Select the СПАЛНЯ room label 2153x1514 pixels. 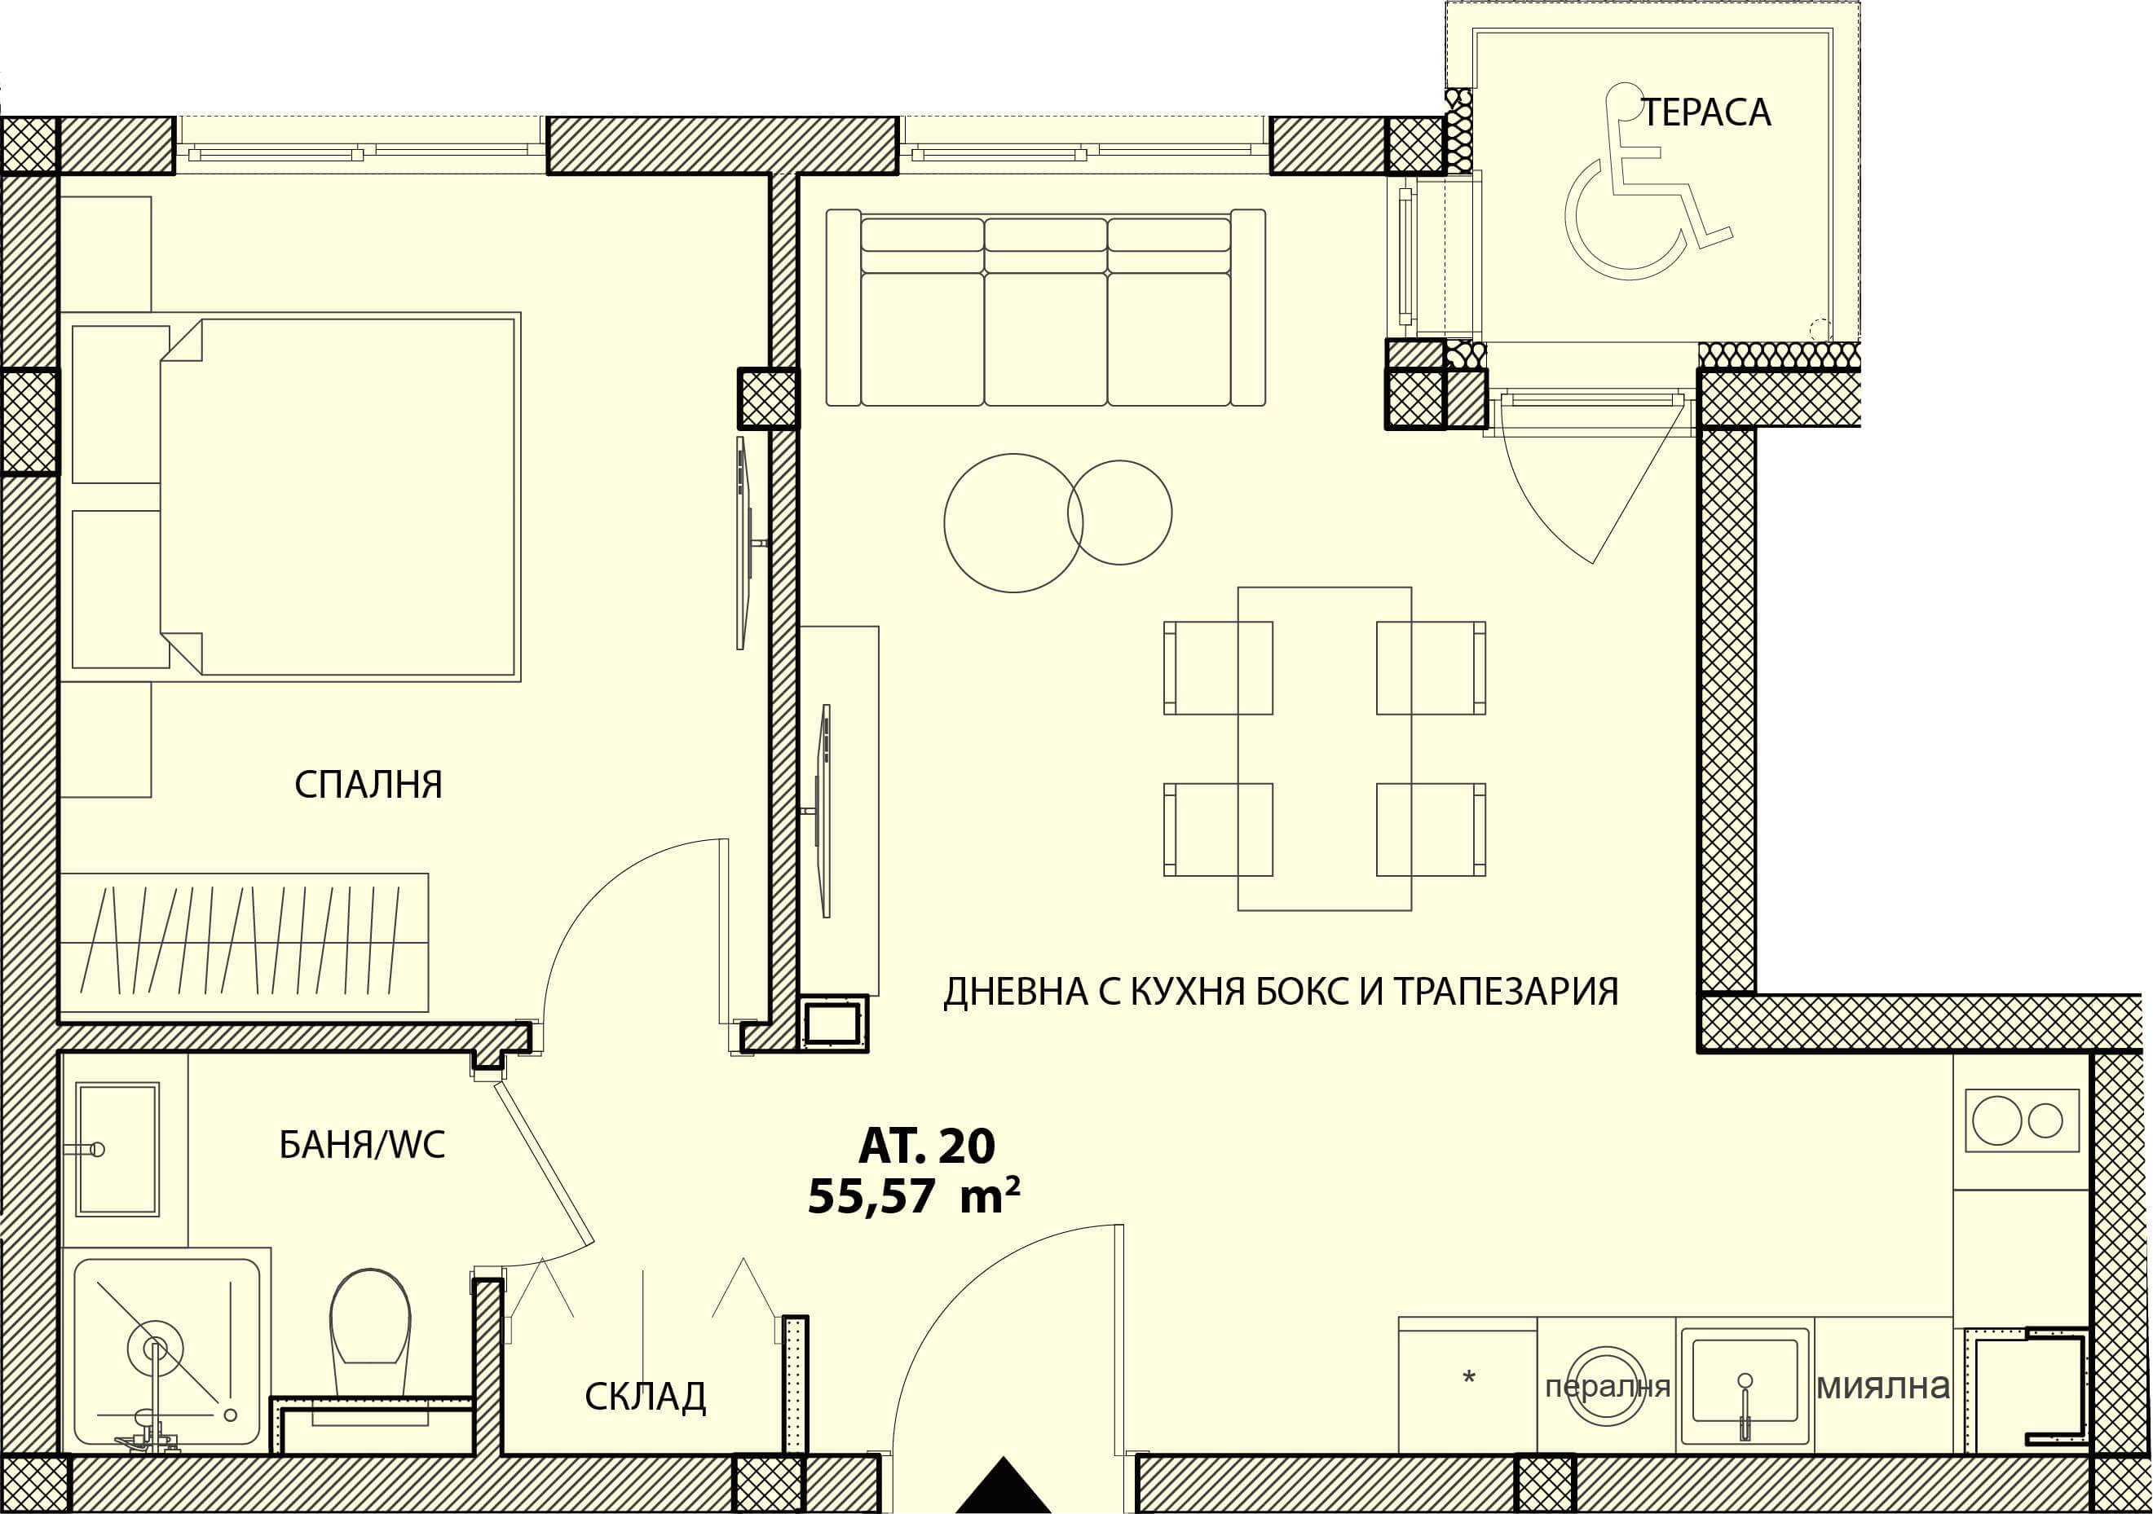(x=368, y=785)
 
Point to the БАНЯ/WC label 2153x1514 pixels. (x=362, y=1145)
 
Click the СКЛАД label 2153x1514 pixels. (x=645, y=1397)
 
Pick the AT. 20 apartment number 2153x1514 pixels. (x=926, y=1146)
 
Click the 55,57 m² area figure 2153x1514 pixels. (x=913, y=1197)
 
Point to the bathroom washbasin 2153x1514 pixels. (x=117, y=1149)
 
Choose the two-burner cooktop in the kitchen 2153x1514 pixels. (x=2022, y=1120)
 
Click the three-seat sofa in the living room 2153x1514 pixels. (x=1046, y=307)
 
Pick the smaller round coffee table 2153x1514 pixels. (x=1119, y=512)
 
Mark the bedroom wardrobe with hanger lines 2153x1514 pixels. (x=244, y=942)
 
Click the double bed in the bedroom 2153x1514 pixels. (x=339, y=496)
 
